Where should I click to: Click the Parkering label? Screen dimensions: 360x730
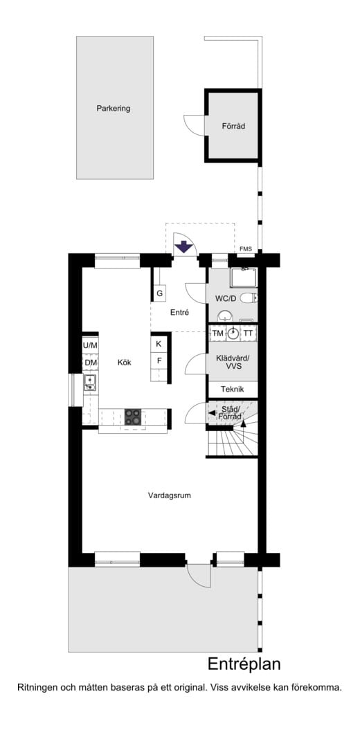pyautogui.click(x=113, y=109)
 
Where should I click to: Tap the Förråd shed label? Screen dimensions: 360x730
pyautogui.click(x=233, y=126)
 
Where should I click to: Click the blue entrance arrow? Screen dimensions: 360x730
pyautogui.click(x=184, y=247)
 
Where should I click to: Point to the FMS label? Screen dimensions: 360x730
pyautogui.click(x=246, y=249)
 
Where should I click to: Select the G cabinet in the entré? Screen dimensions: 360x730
pyautogui.click(x=159, y=293)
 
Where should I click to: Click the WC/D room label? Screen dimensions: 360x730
pyautogui.click(x=226, y=298)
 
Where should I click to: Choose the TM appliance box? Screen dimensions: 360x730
pyautogui.click(x=217, y=334)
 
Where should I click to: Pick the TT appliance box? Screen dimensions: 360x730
pyautogui.click(x=249, y=334)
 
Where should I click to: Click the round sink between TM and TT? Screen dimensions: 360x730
pyautogui.click(x=233, y=334)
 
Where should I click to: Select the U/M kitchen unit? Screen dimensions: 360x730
pyautogui.click(x=91, y=345)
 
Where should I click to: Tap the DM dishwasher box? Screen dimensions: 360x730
pyautogui.click(x=91, y=363)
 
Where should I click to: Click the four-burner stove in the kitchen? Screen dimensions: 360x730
pyautogui.click(x=133, y=417)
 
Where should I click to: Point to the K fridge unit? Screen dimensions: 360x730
pyautogui.click(x=159, y=345)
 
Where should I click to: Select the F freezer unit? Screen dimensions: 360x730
pyautogui.click(x=159, y=361)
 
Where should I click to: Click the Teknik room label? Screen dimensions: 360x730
pyautogui.click(x=233, y=389)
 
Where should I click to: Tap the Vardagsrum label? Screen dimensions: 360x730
pyautogui.click(x=170, y=496)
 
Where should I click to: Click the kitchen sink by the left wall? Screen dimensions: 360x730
pyautogui.click(x=89, y=383)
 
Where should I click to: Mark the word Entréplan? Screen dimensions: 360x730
pyautogui.click(x=244, y=664)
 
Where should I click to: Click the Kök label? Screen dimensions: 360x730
pyautogui.click(x=125, y=363)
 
